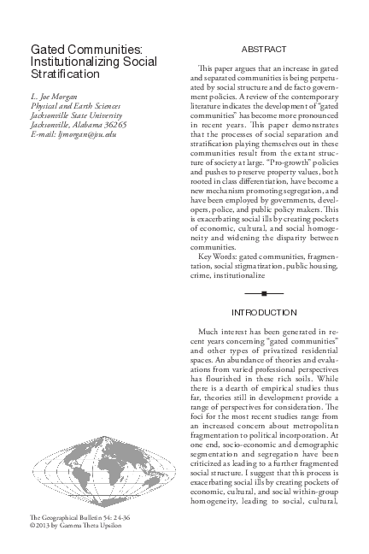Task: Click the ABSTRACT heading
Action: [x=264, y=50]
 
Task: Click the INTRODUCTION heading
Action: [x=264, y=312]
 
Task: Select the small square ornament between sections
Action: [x=264, y=292]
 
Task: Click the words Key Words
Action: [x=215, y=257]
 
